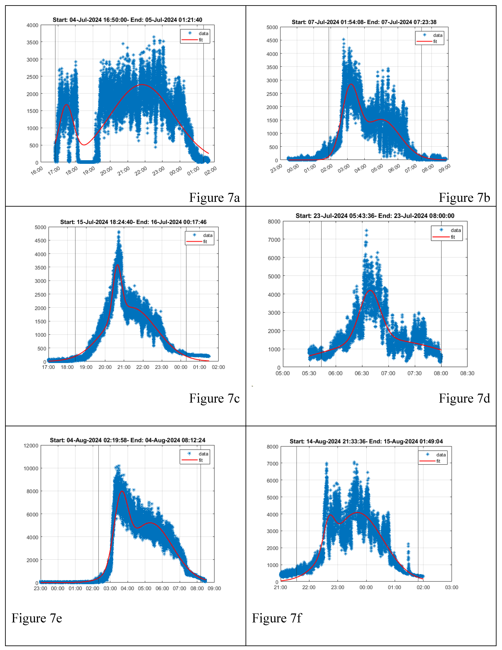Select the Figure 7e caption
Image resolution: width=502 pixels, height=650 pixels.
point(37,618)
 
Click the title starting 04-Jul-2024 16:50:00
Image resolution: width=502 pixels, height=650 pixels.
point(127,20)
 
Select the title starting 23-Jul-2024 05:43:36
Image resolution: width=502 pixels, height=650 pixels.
point(375,216)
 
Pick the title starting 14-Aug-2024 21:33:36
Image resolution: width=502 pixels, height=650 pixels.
point(366,441)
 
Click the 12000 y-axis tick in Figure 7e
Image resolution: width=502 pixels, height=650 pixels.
point(31,446)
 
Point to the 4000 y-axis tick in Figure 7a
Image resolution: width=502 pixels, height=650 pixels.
point(32,25)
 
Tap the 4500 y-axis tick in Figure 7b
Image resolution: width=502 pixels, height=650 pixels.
point(272,40)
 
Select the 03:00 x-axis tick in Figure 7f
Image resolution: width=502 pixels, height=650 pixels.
point(451,587)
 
